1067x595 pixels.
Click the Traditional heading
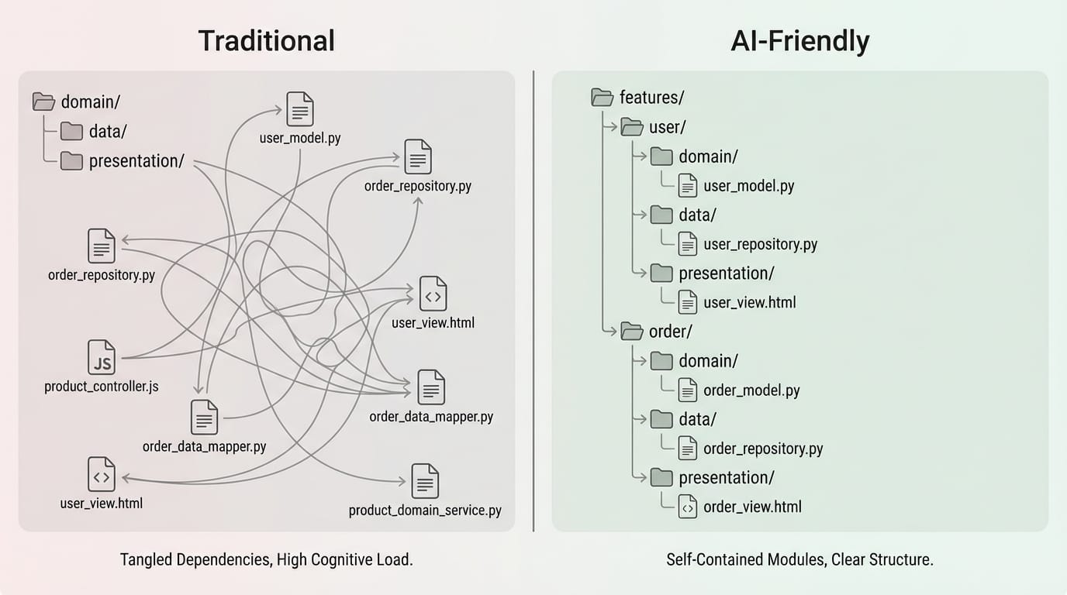click(x=266, y=41)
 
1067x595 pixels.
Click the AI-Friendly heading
click(x=799, y=41)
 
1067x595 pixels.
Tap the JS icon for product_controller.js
click(x=102, y=357)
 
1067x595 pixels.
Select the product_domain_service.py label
click(x=425, y=511)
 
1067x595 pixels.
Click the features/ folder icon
click(x=603, y=98)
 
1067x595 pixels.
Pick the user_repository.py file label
click(x=760, y=245)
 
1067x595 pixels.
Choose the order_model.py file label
click(x=751, y=390)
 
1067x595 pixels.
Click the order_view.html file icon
click(x=687, y=507)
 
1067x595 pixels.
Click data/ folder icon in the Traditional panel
click(x=72, y=132)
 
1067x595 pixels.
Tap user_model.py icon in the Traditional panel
click(x=300, y=109)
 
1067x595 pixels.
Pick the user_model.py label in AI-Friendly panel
click(x=748, y=187)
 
